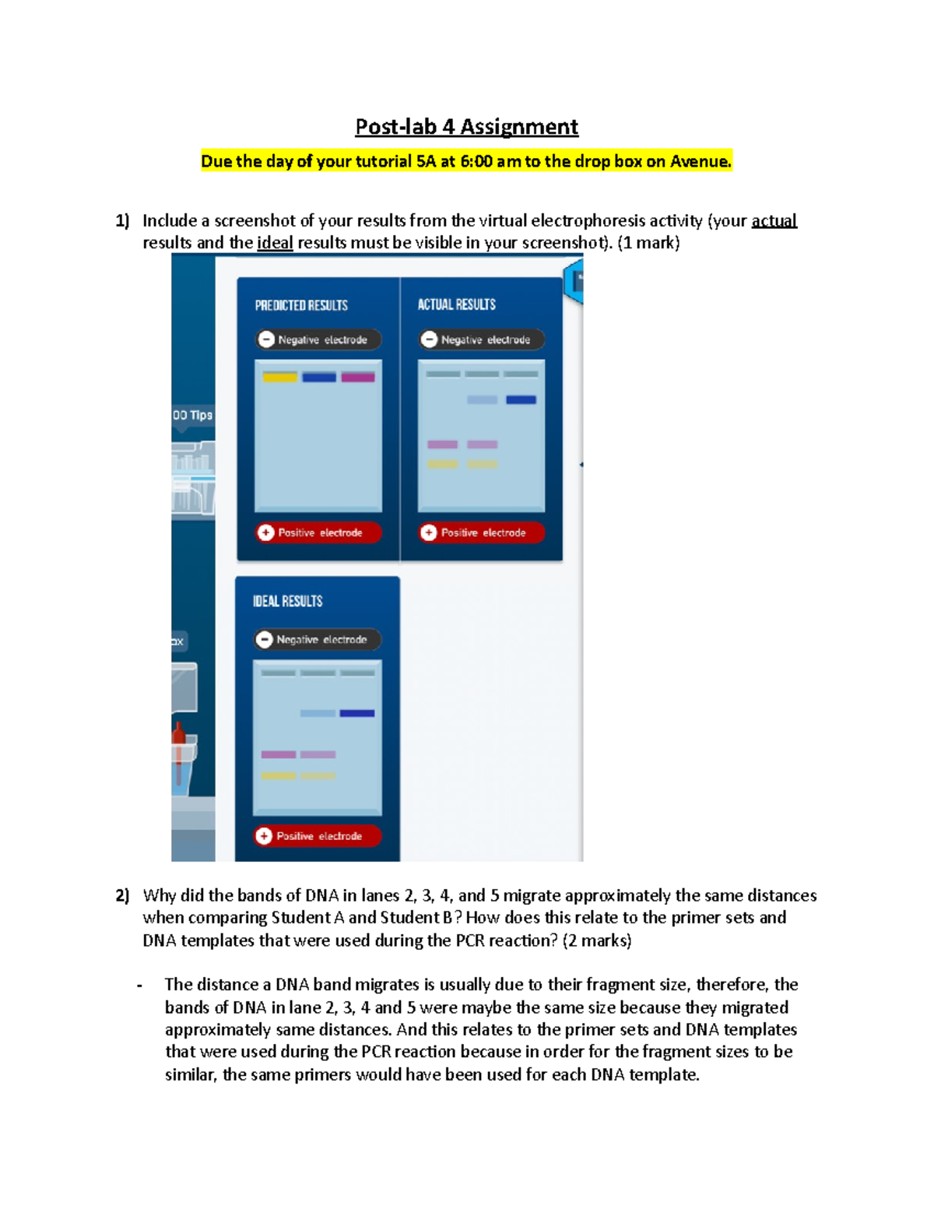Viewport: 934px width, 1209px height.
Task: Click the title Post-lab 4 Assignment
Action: pos(466,127)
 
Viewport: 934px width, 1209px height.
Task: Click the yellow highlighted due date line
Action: pos(466,161)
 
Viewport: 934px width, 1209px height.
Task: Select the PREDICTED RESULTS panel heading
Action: pos(301,305)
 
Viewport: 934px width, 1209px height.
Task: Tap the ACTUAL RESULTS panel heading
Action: pos(456,304)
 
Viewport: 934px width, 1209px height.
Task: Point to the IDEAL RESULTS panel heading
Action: pos(287,601)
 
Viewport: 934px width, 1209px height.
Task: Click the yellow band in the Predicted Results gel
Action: pos(280,378)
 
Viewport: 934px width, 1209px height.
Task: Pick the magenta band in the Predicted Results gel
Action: pos(358,378)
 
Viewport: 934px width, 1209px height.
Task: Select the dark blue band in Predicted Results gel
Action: pos(319,378)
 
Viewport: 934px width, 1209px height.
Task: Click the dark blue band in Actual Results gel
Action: pos(521,400)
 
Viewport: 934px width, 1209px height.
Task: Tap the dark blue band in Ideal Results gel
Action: pos(357,713)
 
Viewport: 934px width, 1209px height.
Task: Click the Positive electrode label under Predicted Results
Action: pos(319,532)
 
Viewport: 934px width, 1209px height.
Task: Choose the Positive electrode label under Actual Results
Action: pos(483,532)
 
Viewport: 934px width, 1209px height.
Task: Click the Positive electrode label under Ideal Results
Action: pos(318,836)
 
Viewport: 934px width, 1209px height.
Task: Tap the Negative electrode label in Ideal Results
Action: pos(321,640)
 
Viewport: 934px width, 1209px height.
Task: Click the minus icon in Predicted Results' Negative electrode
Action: pos(266,339)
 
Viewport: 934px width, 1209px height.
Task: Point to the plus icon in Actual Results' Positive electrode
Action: pos(429,532)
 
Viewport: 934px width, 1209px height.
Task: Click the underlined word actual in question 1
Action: pos(774,221)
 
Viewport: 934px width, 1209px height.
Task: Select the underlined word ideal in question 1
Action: pos(275,243)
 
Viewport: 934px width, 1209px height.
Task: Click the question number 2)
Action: pos(122,895)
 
